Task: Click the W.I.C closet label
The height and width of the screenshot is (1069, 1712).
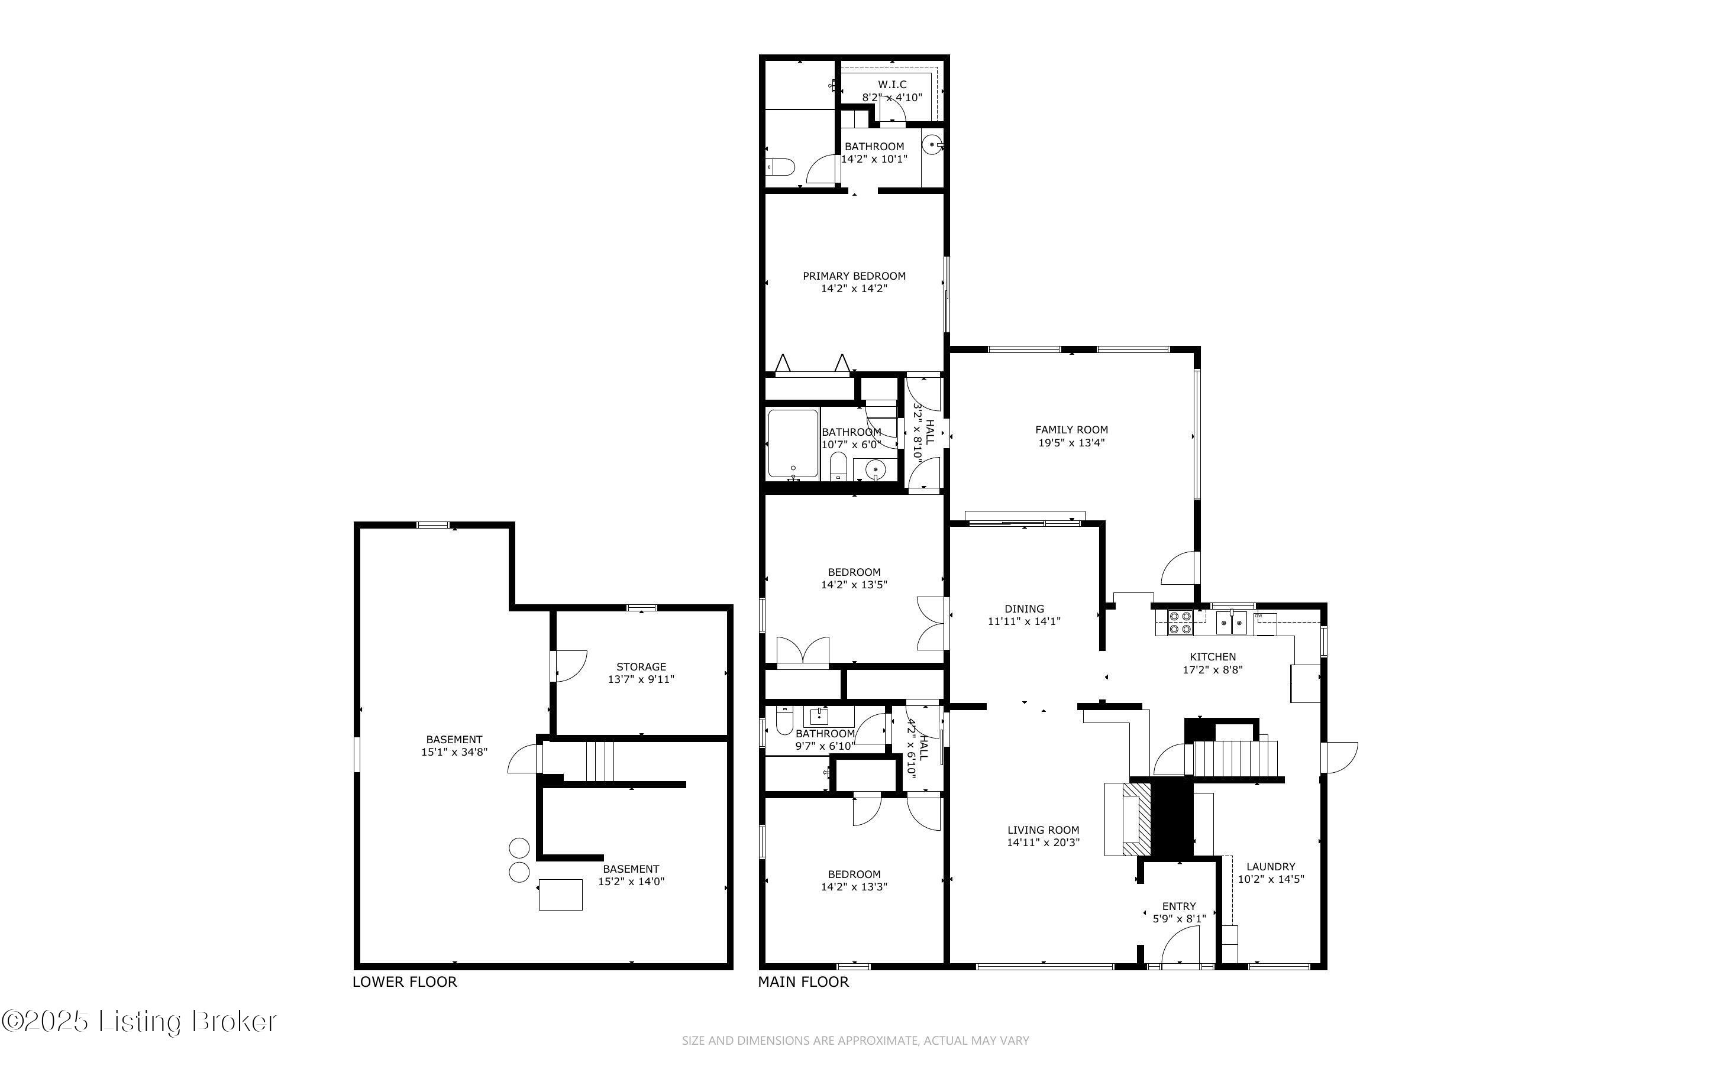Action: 891,85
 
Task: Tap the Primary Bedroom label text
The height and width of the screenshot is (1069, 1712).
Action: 854,276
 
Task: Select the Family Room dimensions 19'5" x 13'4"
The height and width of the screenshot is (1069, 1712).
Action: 1071,443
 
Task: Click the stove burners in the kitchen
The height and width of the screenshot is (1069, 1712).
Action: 1180,622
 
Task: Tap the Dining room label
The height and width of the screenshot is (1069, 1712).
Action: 1024,609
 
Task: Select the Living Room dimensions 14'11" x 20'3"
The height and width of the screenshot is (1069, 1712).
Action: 1043,843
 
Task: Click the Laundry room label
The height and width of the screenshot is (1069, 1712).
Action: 1270,867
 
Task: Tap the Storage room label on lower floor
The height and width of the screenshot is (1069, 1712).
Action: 641,667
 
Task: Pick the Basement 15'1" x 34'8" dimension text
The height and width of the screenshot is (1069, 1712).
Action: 454,752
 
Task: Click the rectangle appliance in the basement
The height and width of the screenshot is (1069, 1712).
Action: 560,895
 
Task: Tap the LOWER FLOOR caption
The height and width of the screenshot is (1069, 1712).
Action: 405,982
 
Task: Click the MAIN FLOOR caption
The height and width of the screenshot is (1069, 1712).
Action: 803,982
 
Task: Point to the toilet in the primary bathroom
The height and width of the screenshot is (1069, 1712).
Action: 781,167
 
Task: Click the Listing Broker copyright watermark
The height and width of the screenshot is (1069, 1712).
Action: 139,1022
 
